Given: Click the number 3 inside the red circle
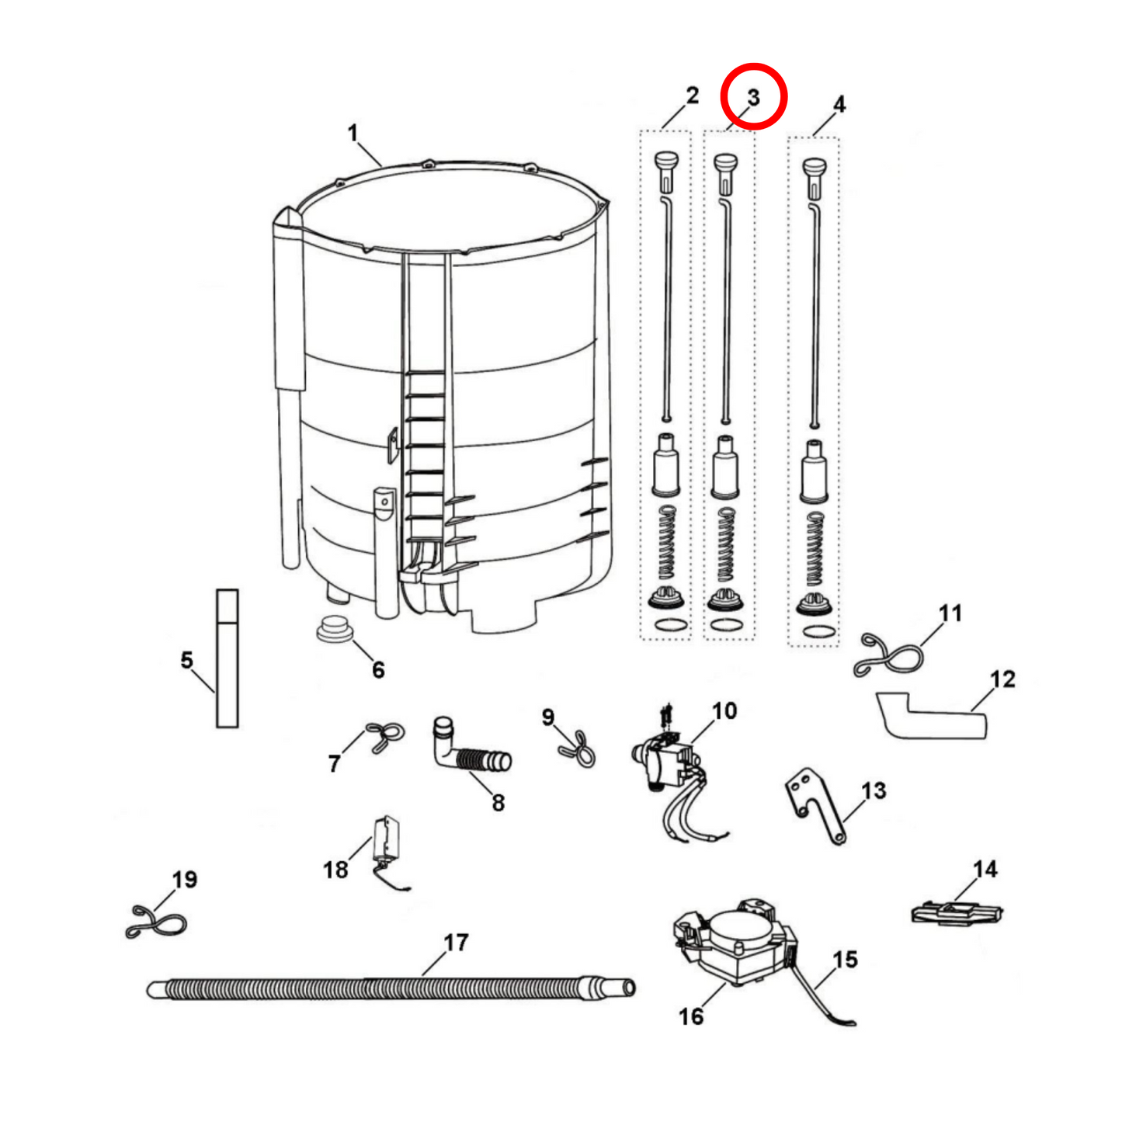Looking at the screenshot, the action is (x=753, y=97).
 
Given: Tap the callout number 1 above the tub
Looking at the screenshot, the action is (x=353, y=134).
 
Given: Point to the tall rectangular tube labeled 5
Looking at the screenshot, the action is (x=227, y=658).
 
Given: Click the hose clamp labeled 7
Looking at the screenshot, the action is (x=385, y=736).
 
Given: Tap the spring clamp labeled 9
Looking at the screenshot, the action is (x=577, y=749).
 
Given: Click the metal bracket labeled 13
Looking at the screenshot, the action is (x=815, y=806).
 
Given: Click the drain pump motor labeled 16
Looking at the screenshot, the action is (x=735, y=944).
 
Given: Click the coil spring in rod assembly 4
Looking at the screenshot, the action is (x=814, y=550).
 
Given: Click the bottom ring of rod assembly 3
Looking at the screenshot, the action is (x=727, y=625).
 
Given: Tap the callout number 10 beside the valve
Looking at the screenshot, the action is (x=724, y=710).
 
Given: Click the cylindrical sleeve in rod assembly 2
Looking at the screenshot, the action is (x=666, y=464).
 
